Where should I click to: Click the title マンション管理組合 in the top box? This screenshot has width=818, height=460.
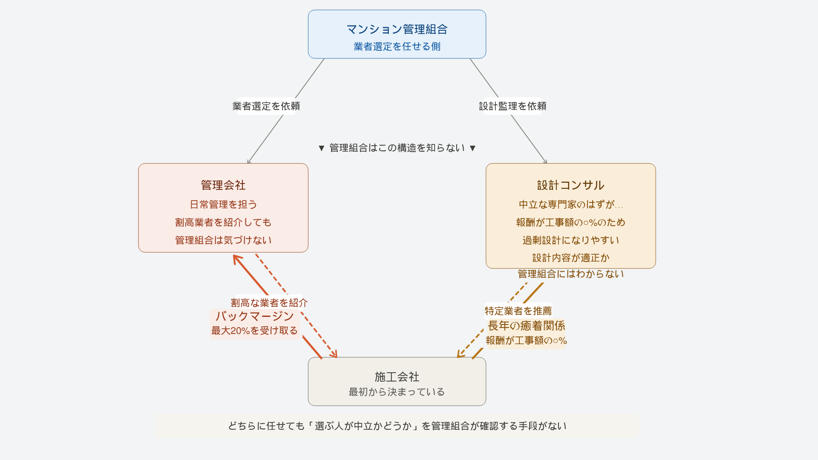397,29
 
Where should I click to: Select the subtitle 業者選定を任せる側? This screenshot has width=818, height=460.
397,46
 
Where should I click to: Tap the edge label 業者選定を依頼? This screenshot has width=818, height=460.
266,106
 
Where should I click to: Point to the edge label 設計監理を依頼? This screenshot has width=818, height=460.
513,106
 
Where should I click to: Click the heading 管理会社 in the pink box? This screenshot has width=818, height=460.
223,185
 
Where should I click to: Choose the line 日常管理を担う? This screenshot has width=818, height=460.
223,204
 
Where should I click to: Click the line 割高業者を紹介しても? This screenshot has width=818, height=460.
223,222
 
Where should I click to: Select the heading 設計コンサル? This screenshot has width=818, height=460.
570,185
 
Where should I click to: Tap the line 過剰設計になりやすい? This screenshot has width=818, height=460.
570,240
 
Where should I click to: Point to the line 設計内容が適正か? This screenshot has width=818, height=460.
570,258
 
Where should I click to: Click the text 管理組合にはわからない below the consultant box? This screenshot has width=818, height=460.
570,274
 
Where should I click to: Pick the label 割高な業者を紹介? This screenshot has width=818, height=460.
269,303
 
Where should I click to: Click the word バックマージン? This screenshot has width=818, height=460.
254,316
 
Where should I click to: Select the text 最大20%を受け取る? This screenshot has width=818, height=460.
254,331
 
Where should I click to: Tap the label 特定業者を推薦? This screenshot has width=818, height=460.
518,311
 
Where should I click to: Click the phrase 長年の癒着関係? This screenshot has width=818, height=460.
526,326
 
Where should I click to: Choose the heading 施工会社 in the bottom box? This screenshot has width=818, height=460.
397,377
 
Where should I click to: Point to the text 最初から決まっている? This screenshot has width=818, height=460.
397,392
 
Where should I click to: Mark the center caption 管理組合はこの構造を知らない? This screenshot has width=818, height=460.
397,148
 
